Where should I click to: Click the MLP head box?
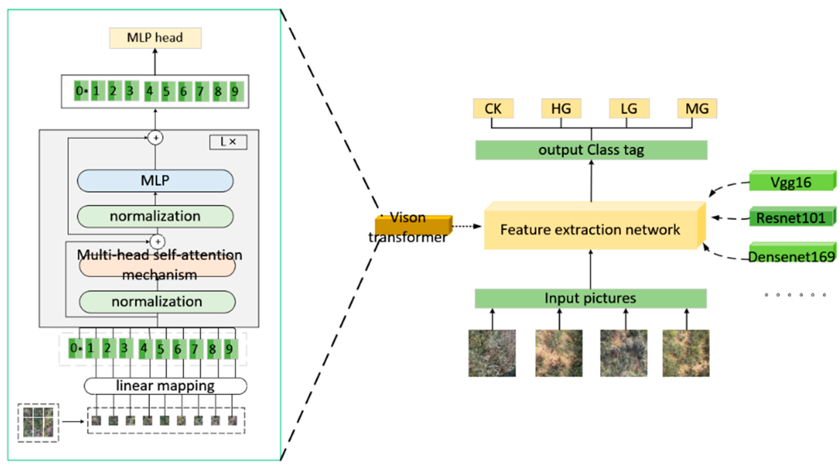pos(155,38)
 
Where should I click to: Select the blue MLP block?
pos(155,181)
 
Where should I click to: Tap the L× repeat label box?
pos(228,142)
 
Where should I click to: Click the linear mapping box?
pos(165,386)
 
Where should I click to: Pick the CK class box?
pos(493,108)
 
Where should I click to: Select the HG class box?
pos(561,108)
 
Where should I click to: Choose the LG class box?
pos(629,108)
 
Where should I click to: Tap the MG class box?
pos(697,108)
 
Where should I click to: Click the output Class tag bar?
pos(591,150)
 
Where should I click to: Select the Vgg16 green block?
pos(792,181)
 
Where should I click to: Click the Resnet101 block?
pos(792,216)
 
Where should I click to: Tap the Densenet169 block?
pos(792,253)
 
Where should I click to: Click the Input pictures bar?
pos(590,298)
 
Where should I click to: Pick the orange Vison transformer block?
pos(414,225)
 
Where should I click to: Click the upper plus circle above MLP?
pos(156,138)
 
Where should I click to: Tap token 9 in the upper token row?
pos(235,91)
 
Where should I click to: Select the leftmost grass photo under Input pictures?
pos(492,353)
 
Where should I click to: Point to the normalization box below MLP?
pos(155,216)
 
